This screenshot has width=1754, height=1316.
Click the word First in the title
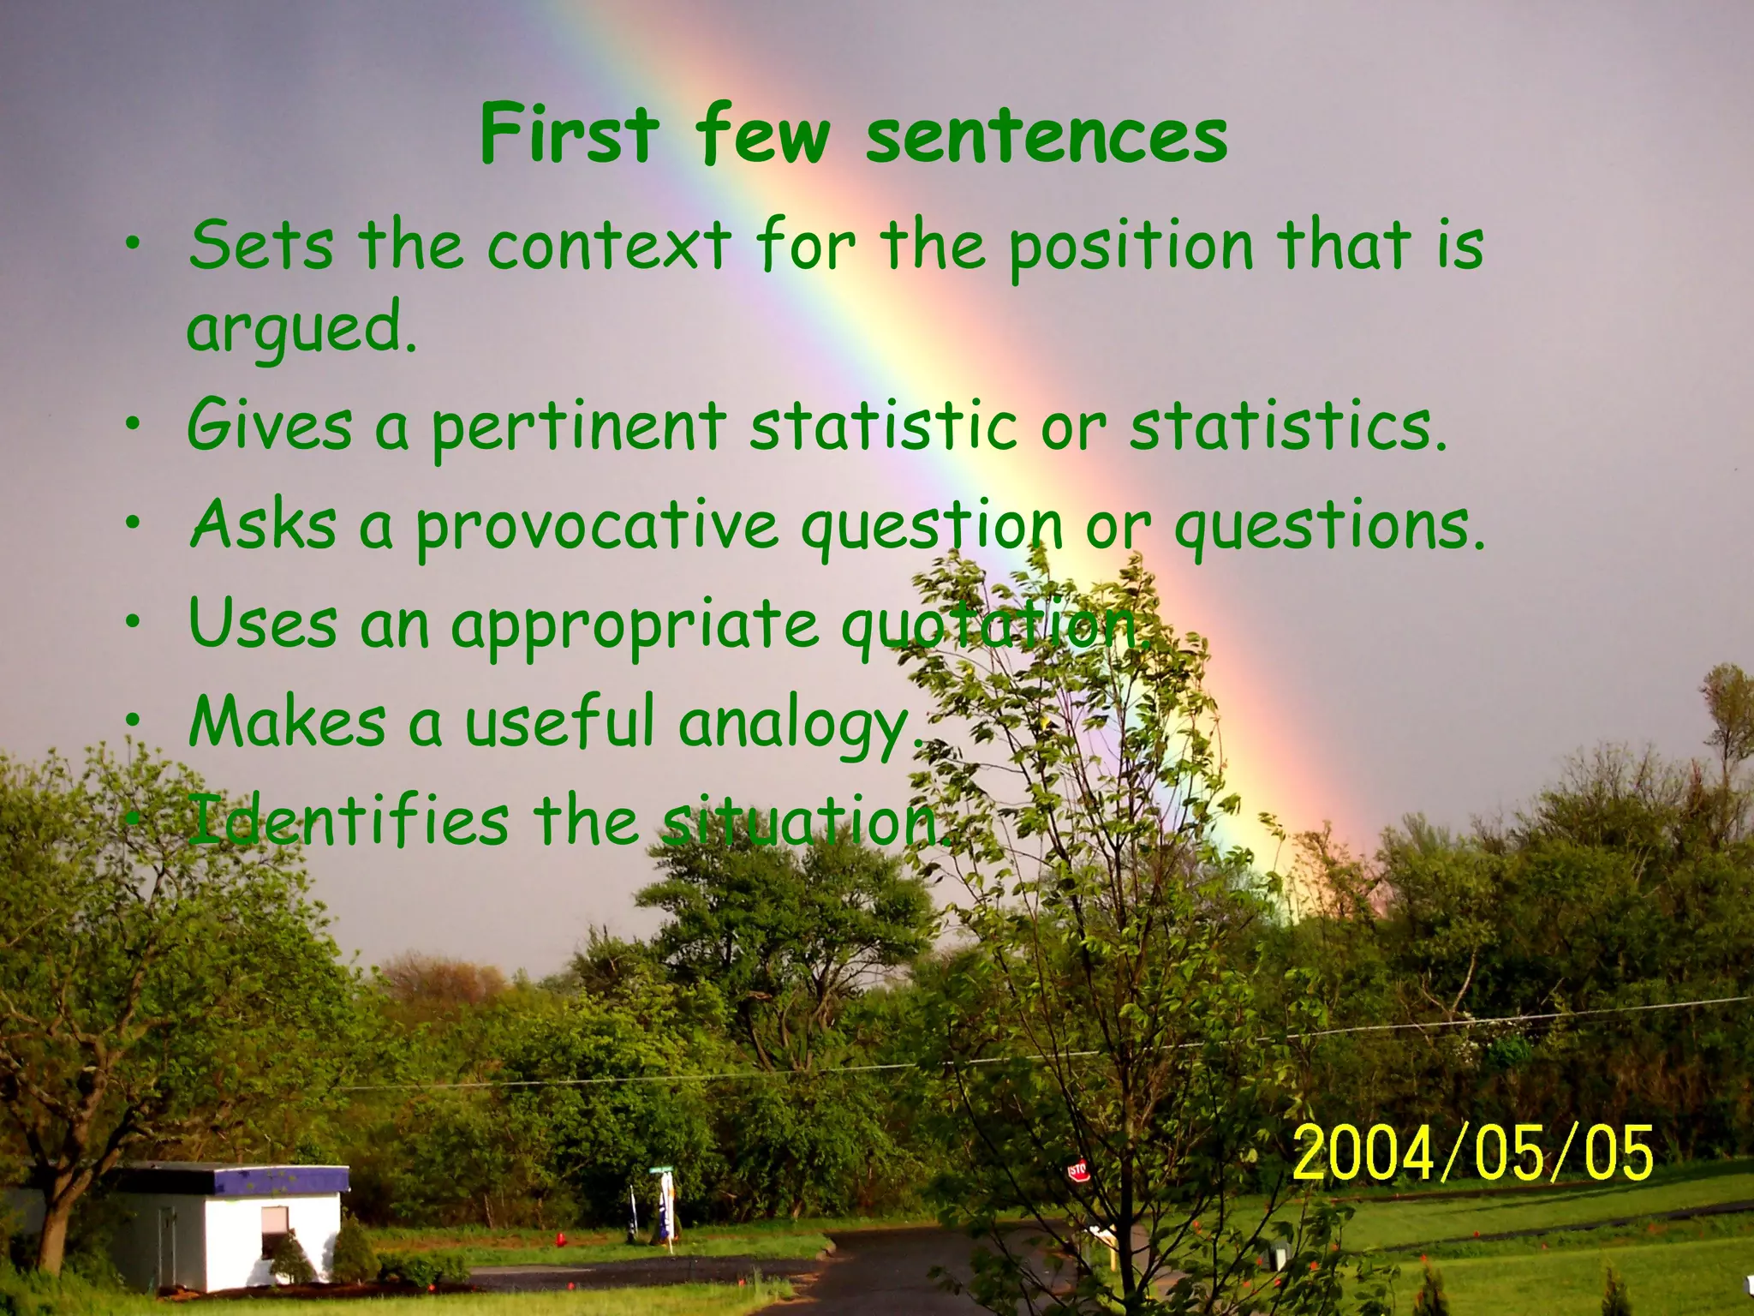coord(570,135)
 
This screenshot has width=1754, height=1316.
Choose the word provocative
coord(597,527)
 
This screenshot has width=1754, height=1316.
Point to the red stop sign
coord(1077,1169)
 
